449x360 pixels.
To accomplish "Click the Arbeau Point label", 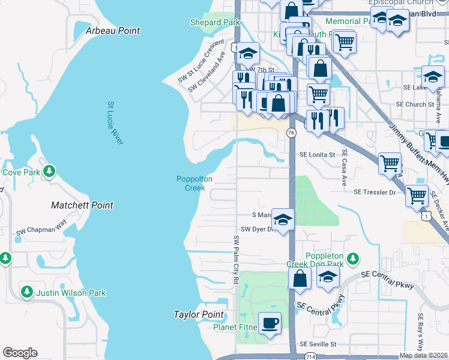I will (113, 31).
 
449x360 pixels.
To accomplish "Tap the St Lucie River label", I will (115, 123).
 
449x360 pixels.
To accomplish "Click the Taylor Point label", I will (198, 314).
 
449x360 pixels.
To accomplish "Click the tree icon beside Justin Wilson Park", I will (26, 292).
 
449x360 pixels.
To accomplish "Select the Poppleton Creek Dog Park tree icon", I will (354, 259).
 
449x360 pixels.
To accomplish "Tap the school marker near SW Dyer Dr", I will (283, 218).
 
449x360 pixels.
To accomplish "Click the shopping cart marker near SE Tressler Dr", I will (417, 194).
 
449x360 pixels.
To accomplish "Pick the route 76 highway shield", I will (291, 132).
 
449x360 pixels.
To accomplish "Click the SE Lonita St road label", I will (317, 155).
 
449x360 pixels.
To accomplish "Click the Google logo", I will (20, 353).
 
